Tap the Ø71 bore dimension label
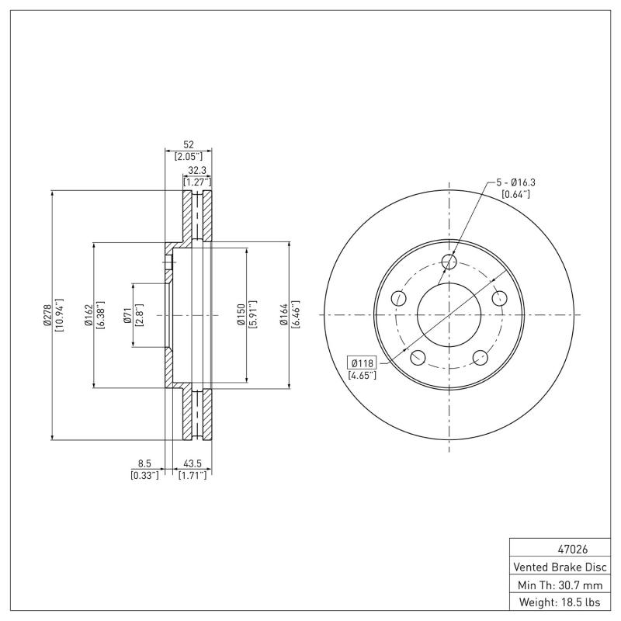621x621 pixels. coord(127,315)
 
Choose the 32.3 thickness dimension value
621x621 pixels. coord(197,171)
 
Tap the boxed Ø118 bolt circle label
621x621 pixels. coord(362,363)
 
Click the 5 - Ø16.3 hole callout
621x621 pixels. coord(517,182)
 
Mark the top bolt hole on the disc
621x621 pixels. coord(449,262)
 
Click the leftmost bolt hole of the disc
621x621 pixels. coord(399,298)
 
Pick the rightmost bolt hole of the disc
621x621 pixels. coord(499,298)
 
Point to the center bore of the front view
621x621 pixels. coord(449,315)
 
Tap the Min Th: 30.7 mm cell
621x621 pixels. coord(559,584)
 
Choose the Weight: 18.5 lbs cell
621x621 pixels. coord(559,602)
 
